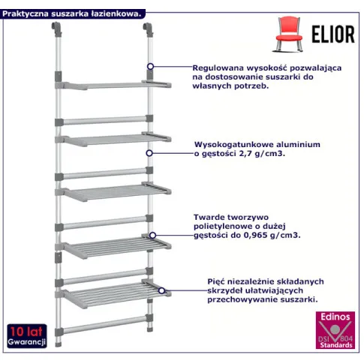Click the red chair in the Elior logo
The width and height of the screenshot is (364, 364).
pos(289,34)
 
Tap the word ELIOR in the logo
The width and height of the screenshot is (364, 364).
pos(333,34)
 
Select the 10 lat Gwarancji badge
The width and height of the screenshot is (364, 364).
pos(27,336)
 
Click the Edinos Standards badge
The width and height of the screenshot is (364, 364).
pos(335,330)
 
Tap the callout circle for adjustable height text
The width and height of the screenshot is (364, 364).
pos(150,67)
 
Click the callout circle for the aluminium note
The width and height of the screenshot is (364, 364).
pos(149,153)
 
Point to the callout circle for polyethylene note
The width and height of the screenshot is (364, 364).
pos(152,235)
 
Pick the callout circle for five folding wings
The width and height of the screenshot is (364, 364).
pos(162,290)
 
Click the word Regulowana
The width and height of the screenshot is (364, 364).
pos(218,68)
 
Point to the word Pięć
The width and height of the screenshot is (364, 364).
pos(217,281)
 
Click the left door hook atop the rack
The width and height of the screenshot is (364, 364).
pos(56,29)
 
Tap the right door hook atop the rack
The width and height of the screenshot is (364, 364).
pos(148,29)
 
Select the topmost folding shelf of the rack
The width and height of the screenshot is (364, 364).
pos(113,85)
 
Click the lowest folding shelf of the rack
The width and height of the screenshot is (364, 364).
pos(113,294)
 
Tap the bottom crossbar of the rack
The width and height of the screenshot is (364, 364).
pos(104,325)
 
